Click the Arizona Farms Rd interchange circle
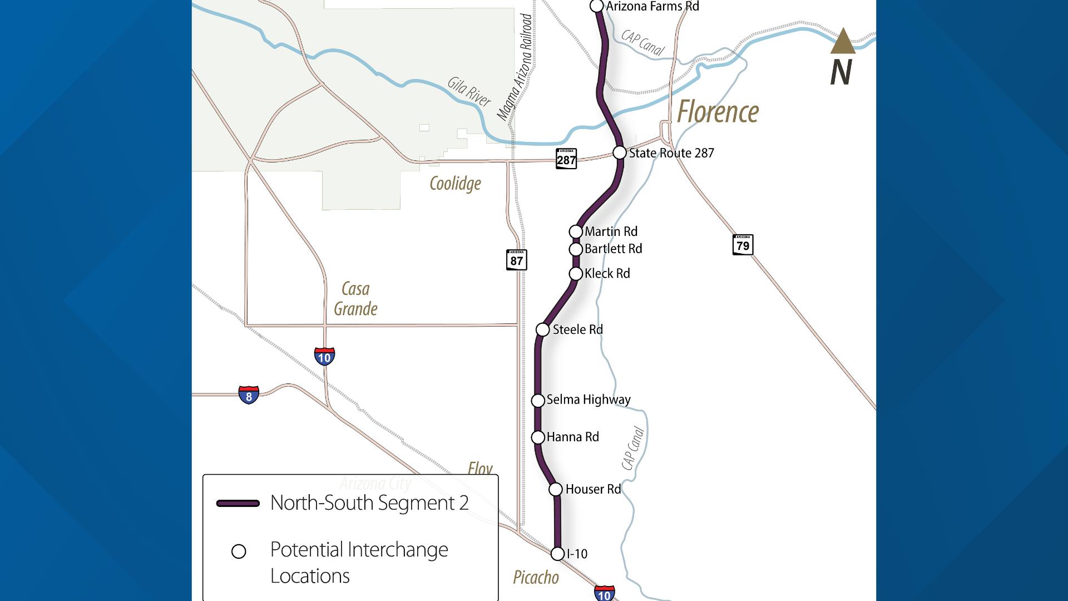[x=596, y=6]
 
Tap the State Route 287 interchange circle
[x=620, y=152]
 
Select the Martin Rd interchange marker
[x=576, y=231]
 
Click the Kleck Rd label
[x=607, y=274]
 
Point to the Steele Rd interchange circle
[x=542, y=329]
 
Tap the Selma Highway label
[x=589, y=400]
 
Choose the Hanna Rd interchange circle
[x=538, y=437]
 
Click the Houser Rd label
[x=593, y=489]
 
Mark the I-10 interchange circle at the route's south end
[x=557, y=554]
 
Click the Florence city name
[x=718, y=112]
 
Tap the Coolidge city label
[x=455, y=184]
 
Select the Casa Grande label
[x=355, y=299]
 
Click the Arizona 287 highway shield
[x=566, y=159]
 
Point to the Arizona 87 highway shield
[x=516, y=260]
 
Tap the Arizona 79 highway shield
[x=743, y=245]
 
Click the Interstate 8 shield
[x=249, y=395]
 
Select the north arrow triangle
[x=843, y=42]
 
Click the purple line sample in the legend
[x=238, y=503]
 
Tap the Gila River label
[x=469, y=92]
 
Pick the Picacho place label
[x=536, y=578]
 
